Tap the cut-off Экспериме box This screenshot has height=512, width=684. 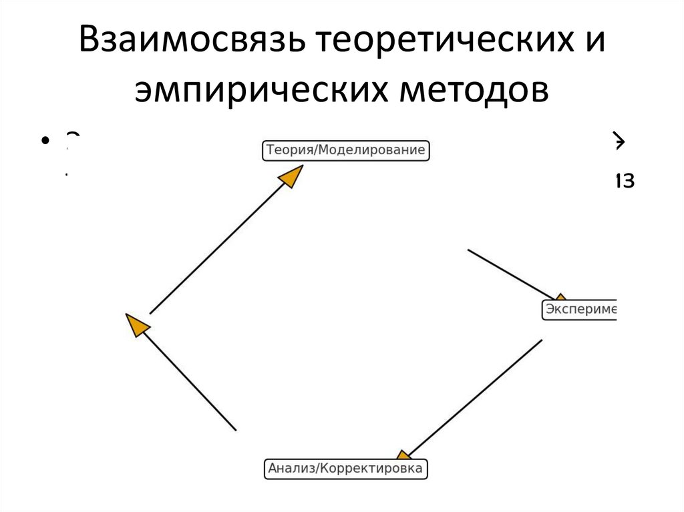click(x=578, y=310)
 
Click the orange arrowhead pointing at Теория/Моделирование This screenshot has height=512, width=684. click(x=290, y=176)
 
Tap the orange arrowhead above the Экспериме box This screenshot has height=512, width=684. click(x=560, y=298)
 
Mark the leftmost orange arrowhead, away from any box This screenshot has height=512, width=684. click(x=137, y=324)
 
